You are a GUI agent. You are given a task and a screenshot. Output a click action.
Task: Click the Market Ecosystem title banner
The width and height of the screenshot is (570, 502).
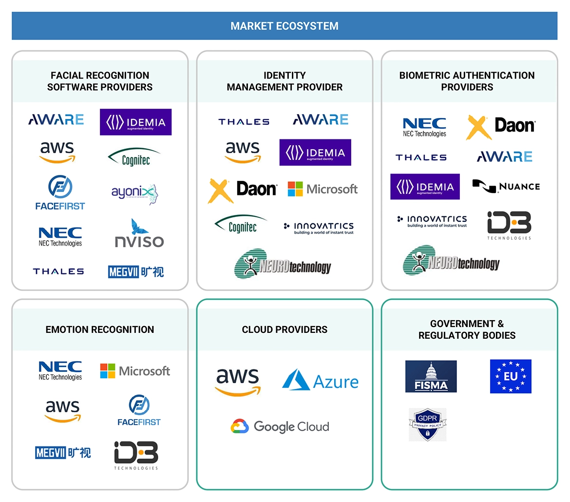[285, 26]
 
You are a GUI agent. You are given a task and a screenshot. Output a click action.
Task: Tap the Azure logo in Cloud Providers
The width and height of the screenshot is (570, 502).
[320, 381]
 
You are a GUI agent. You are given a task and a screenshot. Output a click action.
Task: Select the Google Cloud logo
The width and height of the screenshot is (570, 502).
[280, 426]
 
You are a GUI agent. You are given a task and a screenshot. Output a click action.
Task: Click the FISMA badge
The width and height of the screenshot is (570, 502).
[431, 377]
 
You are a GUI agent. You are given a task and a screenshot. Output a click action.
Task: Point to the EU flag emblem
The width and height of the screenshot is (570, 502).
[511, 377]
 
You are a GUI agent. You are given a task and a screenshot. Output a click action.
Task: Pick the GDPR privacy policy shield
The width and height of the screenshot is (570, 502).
[427, 425]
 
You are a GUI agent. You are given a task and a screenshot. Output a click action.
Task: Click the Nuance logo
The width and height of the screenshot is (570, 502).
[506, 186]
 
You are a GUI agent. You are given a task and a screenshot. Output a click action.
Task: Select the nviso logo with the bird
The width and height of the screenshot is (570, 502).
[139, 233]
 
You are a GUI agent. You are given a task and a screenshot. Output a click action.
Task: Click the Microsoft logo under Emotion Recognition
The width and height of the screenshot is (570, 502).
[135, 371]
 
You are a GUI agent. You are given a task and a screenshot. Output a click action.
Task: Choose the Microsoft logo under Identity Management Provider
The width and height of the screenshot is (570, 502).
[323, 189]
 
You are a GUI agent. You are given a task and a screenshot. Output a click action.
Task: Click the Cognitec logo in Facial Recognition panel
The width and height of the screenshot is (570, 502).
[134, 157]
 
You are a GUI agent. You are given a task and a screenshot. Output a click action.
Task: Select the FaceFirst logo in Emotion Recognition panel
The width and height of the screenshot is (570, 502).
[139, 410]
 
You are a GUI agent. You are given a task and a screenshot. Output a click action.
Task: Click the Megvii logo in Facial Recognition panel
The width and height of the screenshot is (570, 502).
[136, 271]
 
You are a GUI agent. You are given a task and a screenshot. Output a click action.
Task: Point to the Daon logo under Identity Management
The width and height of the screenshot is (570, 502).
[243, 190]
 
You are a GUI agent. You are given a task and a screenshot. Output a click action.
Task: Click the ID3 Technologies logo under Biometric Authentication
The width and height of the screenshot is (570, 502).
[509, 225]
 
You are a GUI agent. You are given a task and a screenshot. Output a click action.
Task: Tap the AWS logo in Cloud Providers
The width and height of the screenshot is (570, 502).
[238, 382]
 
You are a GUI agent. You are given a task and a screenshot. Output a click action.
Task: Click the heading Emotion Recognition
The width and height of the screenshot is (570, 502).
[100, 329]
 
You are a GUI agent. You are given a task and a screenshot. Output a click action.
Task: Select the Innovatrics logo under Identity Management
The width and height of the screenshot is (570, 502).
[319, 228]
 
